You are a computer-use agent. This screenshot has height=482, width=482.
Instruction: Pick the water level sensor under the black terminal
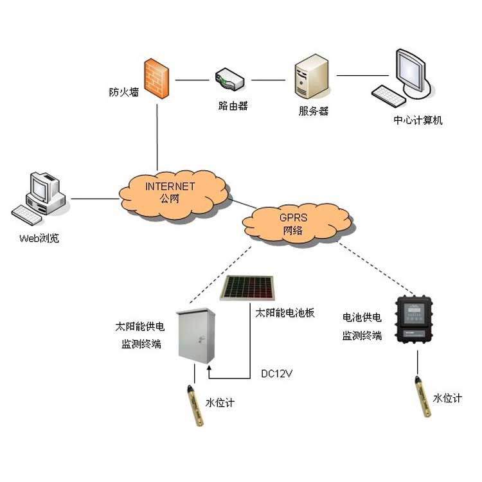point(421,398)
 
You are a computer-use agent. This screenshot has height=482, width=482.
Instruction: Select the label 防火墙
point(122,92)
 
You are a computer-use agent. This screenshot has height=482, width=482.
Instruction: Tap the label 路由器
point(233,106)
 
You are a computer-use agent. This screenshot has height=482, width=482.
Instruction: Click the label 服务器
point(313,111)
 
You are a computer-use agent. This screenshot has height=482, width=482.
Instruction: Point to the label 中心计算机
point(418,120)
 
